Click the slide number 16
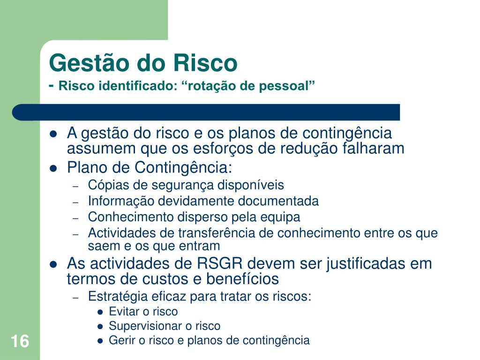[x=20, y=341]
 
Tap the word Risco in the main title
[x=205, y=63]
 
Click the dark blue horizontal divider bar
[x=206, y=112]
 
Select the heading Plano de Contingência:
[x=150, y=168]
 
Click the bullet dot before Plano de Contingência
[x=53, y=168]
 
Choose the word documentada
[x=278, y=201]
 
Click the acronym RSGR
[x=219, y=263]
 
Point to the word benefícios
[x=242, y=279]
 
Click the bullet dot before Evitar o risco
[x=100, y=312]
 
